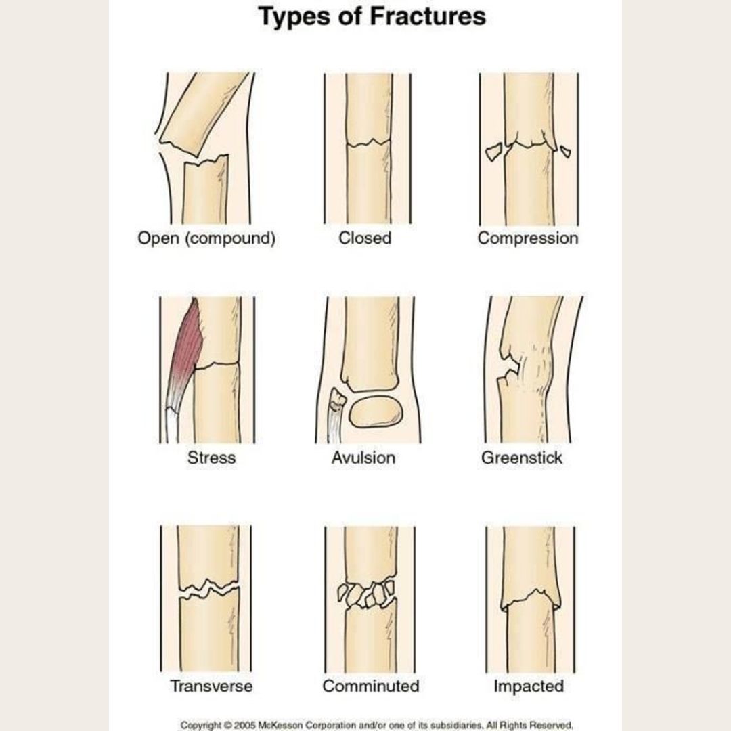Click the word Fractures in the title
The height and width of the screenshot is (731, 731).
click(428, 16)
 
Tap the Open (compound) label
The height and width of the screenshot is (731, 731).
click(206, 239)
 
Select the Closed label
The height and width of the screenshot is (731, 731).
click(365, 238)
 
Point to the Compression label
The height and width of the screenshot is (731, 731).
click(528, 239)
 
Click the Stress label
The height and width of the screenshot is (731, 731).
click(211, 458)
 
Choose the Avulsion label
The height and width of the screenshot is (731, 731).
click(363, 458)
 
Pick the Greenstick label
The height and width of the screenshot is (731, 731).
click(522, 458)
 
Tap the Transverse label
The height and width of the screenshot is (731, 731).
click(211, 686)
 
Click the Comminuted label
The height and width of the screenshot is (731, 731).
click(371, 686)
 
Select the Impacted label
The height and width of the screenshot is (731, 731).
click(529, 686)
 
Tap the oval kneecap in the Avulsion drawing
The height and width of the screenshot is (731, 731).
click(376, 412)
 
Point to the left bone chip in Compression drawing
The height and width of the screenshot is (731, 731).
click(493, 152)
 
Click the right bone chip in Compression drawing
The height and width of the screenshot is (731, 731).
click(565, 151)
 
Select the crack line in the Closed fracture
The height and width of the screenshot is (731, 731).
click(369, 143)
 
